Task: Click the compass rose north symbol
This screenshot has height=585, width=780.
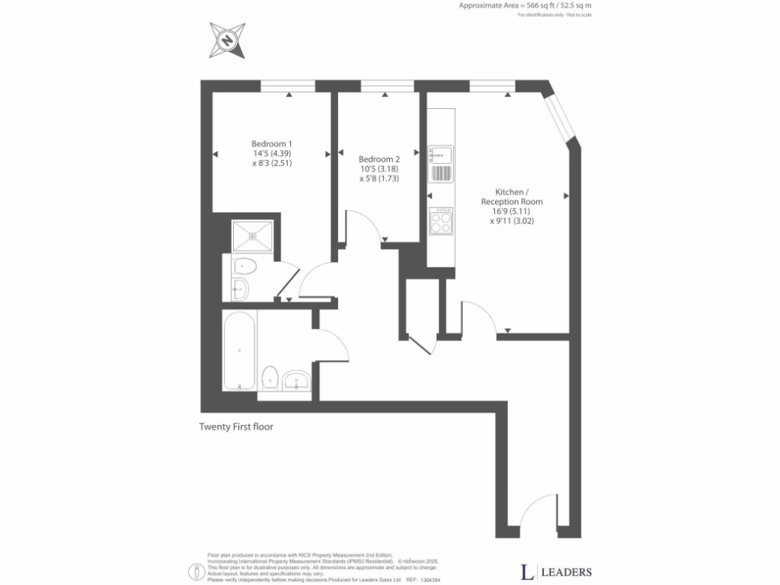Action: [x=228, y=40]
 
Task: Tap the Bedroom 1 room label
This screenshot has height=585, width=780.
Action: [x=272, y=143]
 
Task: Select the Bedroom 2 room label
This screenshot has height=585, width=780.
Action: [x=379, y=159]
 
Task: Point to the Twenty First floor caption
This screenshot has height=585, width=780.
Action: [x=236, y=427]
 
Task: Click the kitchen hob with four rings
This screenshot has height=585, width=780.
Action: [x=442, y=221]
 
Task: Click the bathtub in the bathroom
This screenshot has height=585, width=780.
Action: [x=239, y=350]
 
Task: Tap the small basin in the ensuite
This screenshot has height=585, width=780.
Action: [x=239, y=289]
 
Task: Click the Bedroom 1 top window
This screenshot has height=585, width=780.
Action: [x=288, y=86]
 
